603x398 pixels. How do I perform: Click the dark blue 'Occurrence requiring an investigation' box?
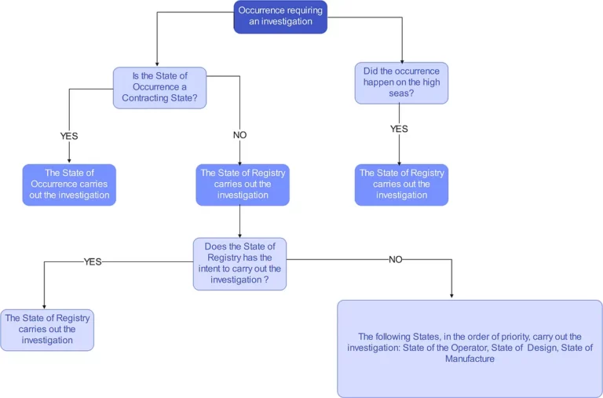click(x=280, y=16)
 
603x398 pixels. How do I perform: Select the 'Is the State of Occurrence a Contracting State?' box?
click(x=159, y=87)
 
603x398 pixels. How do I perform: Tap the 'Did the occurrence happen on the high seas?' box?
click(x=401, y=82)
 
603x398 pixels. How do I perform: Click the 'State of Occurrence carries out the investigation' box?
click(x=69, y=184)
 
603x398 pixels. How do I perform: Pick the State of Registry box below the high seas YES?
click(x=401, y=184)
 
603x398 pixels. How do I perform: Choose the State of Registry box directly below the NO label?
click(x=243, y=184)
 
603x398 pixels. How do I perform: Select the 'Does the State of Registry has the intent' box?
click(x=239, y=264)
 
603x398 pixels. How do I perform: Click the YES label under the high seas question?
click(x=399, y=130)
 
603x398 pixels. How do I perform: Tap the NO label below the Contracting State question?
click(x=239, y=135)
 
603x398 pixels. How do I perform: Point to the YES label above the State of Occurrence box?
click(x=69, y=136)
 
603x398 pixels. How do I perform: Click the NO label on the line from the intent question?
click(x=395, y=260)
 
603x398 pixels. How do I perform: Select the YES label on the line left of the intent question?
click(x=93, y=262)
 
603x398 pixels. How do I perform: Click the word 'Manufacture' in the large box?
click(x=470, y=359)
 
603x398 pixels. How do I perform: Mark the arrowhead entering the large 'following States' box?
click(x=452, y=296)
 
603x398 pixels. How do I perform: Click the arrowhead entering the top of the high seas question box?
click(x=402, y=60)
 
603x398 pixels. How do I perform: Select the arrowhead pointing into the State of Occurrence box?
click(x=69, y=160)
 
